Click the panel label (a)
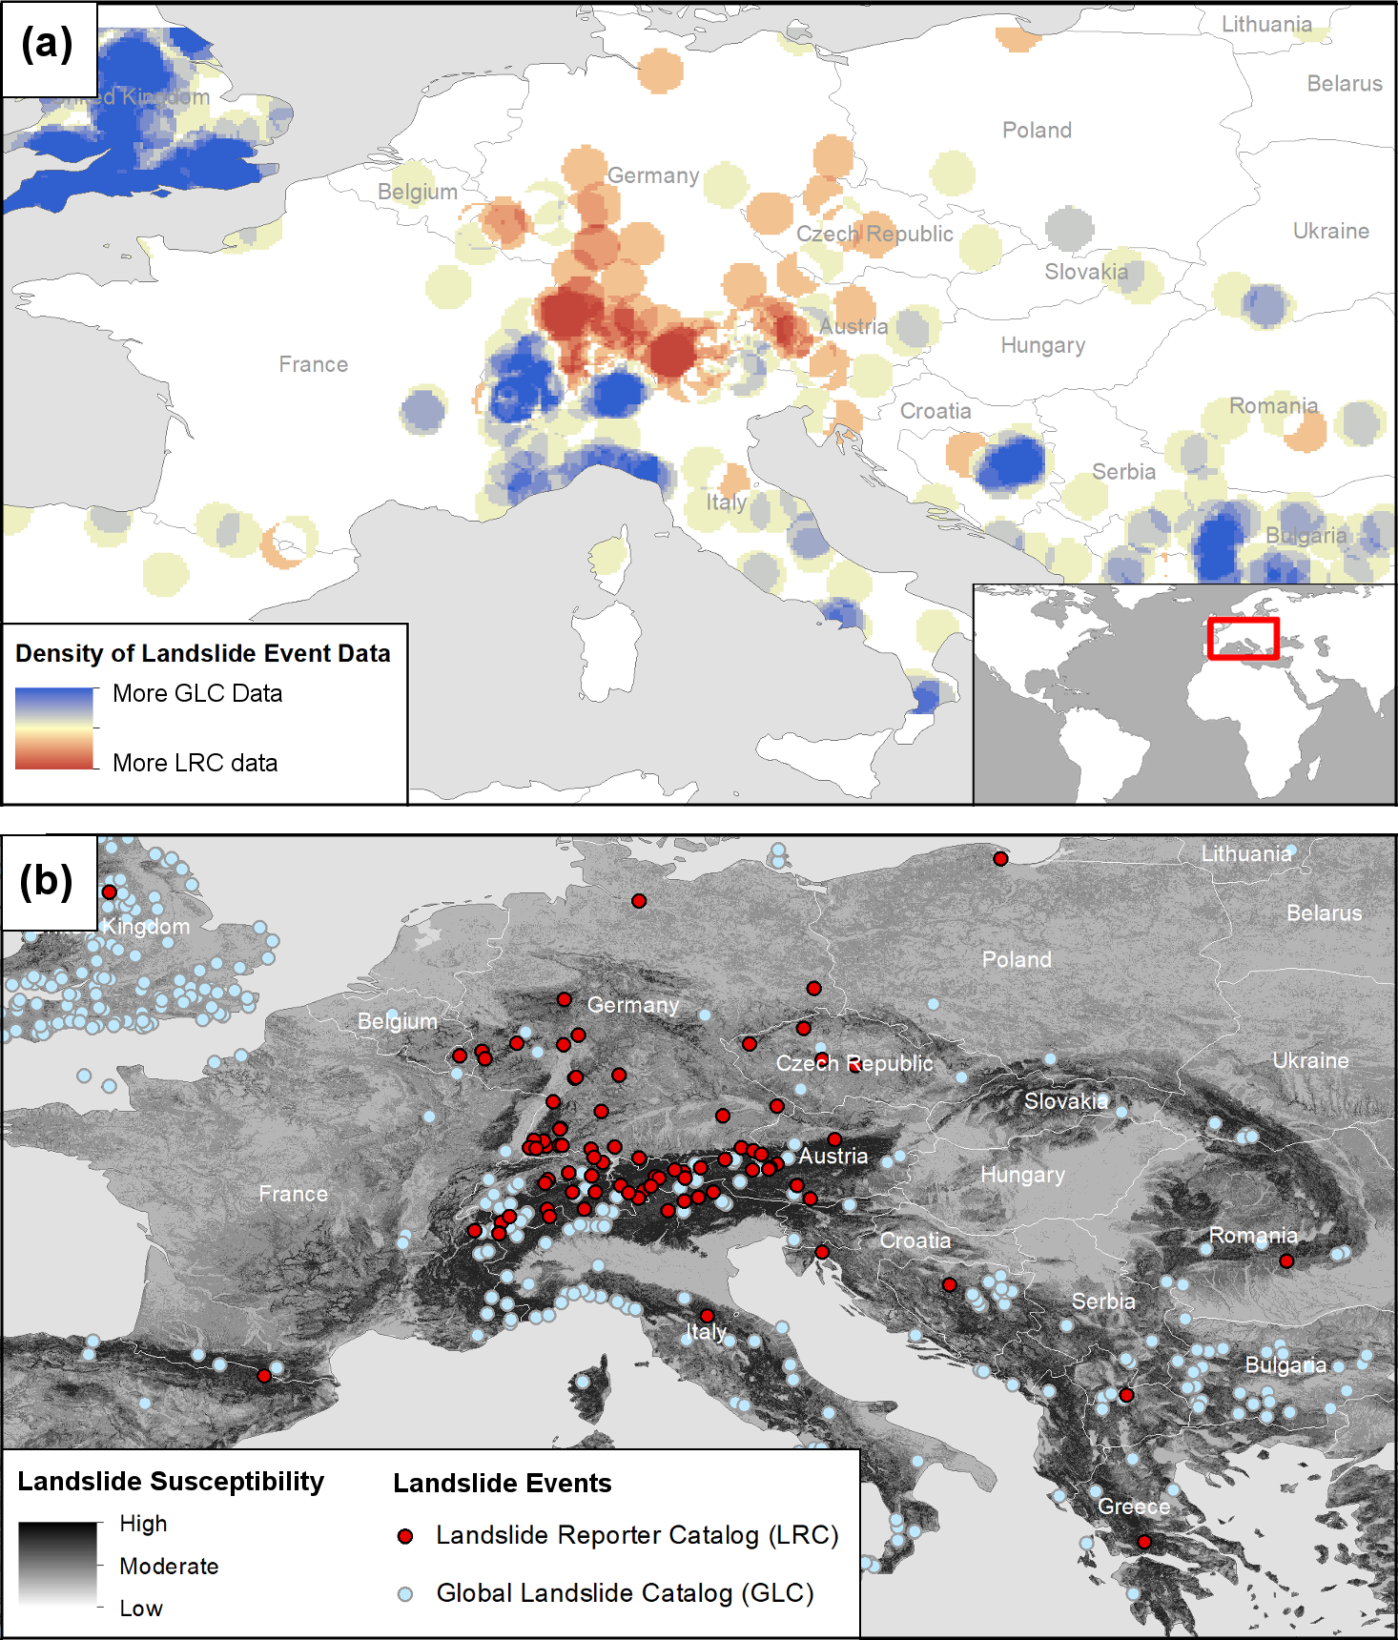tap(47, 45)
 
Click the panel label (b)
tap(47, 882)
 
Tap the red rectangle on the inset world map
tap(1243, 639)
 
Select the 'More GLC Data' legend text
tap(197, 693)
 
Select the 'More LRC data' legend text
tap(195, 763)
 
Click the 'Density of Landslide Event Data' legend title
tap(203, 653)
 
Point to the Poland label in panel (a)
tap(1037, 130)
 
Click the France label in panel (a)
tap(313, 364)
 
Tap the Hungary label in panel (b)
tap(1022, 1175)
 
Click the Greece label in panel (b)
tap(1133, 1507)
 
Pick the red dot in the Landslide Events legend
tap(405, 1536)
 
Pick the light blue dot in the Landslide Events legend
tap(405, 1593)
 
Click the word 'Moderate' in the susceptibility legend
tap(169, 1567)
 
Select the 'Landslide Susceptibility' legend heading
tap(171, 1481)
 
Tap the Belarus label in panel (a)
tap(1344, 84)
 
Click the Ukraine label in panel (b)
tap(1310, 1060)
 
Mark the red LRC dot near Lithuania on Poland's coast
tap(1000, 859)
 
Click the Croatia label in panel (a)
tap(935, 411)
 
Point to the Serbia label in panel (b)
tap(1103, 1302)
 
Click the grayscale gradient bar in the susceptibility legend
tap(57, 1564)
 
